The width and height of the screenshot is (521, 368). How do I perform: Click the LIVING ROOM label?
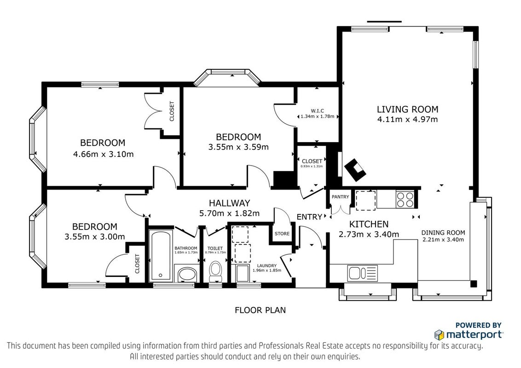point(407,109)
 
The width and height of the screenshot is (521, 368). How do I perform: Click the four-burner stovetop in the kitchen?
point(405,200)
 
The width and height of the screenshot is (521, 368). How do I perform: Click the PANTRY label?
point(340,197)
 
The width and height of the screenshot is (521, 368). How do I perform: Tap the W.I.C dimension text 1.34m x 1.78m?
point(317,116)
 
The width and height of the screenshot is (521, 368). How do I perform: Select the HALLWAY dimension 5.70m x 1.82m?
point(229,213)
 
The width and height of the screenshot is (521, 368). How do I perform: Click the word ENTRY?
point(309,217)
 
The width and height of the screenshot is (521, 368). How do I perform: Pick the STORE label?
point(282,234)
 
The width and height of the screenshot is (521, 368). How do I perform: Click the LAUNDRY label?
point(267,266)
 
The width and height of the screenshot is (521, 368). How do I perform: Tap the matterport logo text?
point(474,334)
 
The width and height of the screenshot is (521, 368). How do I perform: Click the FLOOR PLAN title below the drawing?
point(260,310)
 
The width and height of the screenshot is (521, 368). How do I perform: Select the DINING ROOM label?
point(443,233)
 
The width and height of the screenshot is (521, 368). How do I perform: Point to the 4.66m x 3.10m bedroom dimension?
point(104,154)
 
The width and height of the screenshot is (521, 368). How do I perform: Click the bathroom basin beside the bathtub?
point(187,275)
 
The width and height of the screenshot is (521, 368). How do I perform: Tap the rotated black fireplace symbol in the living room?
point(355,170)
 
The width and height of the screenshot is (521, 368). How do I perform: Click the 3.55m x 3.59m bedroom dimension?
point(238,147)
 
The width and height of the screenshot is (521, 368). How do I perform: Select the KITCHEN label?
point(369,224)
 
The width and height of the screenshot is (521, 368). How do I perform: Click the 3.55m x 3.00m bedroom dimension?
point(95,237)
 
